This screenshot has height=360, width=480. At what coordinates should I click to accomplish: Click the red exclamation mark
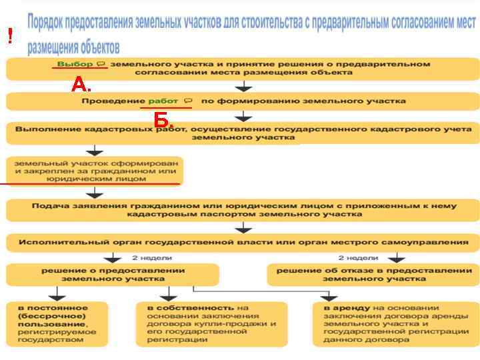(10, 36)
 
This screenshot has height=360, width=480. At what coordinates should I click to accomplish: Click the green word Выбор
(75, 64)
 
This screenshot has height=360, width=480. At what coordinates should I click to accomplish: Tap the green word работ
(163, 101)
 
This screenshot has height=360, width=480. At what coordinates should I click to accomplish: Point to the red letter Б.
(162, 120)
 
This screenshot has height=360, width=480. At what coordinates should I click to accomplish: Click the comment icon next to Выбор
(101, 64)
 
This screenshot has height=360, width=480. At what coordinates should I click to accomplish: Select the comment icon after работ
(188, 101)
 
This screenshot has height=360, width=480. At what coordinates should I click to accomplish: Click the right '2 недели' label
(358, 258)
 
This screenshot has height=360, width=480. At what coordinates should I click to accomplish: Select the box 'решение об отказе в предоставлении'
(373, 275)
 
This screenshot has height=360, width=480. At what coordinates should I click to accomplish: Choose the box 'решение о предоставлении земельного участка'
(113, 275)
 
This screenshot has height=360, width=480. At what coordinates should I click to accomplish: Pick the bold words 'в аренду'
(339, 307)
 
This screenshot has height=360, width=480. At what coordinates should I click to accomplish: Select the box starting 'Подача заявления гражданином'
(243, 209)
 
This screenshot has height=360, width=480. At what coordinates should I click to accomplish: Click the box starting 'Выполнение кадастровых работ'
(243, 133)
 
